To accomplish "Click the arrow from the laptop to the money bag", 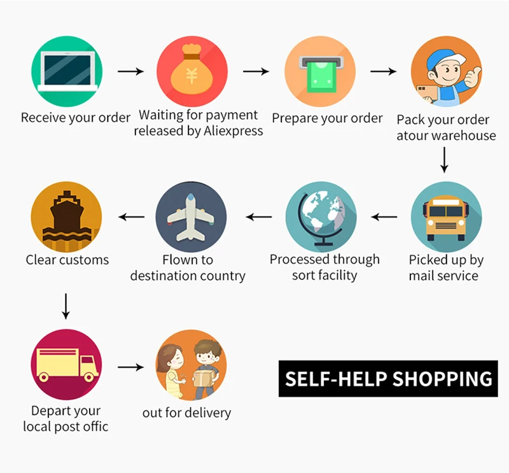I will point(130,71).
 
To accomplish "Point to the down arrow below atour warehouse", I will point(444,160).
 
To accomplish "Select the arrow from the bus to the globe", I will point(384,217).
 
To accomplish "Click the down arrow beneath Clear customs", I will point(66,306).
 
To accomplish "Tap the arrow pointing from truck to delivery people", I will point(131,367).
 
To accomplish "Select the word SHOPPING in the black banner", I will point(442,379).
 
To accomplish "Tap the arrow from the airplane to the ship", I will point(132,217).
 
